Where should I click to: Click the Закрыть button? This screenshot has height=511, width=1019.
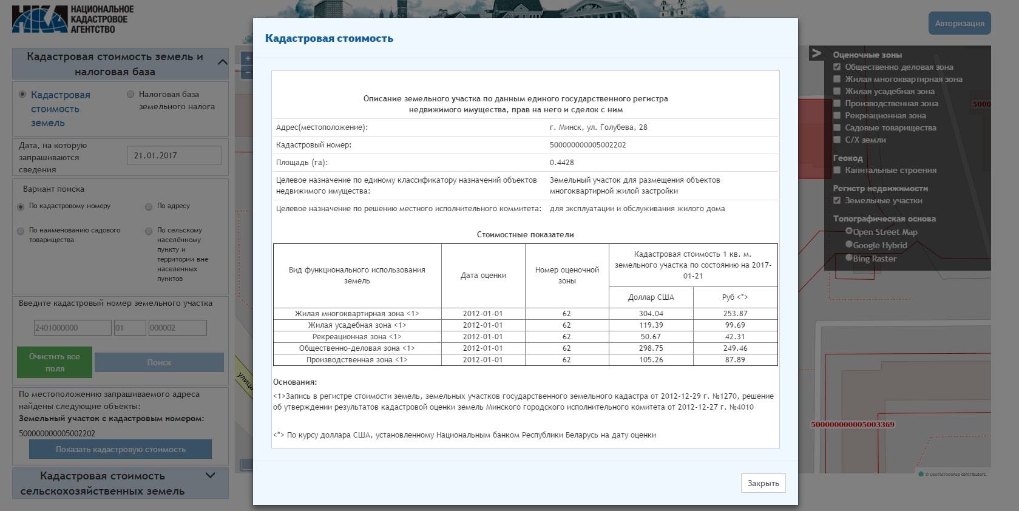[763, 483]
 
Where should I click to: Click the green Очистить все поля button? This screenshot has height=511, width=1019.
[55, 362]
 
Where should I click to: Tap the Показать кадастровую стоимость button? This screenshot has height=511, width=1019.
[120, 450]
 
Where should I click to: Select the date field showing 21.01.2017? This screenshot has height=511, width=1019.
[174, 155]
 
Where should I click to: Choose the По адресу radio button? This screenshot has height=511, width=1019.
[149, 207]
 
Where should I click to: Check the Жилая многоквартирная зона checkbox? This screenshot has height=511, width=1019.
[837, 79]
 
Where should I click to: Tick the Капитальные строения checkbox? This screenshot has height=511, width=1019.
[837, 170]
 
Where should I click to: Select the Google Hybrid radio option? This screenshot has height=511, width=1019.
[849, 244]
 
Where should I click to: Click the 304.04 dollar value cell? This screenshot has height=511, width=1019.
[651, 314]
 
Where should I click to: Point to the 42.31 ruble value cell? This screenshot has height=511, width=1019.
[735, 337]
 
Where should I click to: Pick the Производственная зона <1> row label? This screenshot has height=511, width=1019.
[357, 360]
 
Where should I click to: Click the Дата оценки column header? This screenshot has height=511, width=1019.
[483, 276]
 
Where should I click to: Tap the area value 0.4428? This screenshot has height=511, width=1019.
[561, 163]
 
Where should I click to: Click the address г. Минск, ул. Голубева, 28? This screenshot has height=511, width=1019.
[598, 127]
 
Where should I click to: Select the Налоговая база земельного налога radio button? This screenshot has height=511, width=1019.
[130, 94]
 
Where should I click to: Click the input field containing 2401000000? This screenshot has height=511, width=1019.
[72, 328]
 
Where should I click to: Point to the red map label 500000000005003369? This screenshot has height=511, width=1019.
[852, 424]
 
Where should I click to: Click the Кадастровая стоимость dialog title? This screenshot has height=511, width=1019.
[329, 38]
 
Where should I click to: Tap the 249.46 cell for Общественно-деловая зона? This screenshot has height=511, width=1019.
[735, 348]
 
